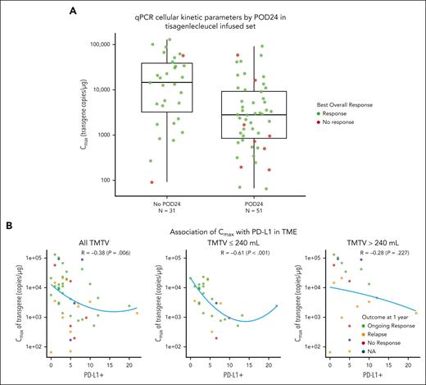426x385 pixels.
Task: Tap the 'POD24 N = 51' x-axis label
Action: (252, 203)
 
